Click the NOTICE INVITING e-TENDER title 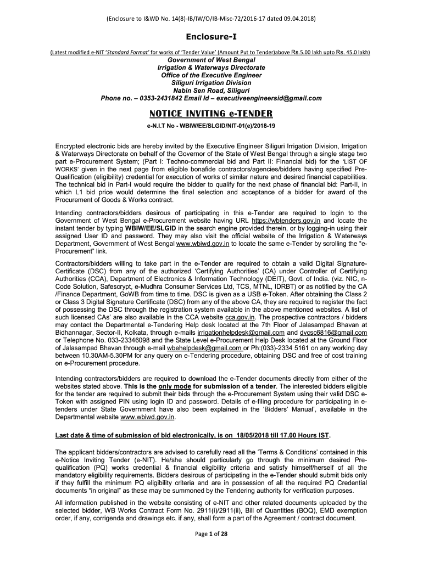[211, 114]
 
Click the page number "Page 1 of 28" [211, 550]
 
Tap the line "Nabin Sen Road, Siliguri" [211, 91]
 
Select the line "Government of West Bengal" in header [211, 60]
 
